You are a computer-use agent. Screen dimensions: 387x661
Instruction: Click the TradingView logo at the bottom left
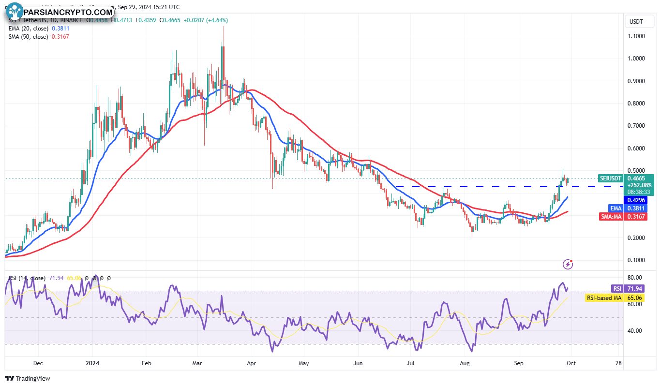28,378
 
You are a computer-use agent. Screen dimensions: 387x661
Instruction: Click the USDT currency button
635,22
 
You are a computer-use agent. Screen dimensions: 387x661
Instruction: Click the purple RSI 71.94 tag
628,289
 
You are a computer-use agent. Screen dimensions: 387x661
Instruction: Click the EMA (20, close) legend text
28,29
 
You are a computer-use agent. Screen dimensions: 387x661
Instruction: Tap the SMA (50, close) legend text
28,37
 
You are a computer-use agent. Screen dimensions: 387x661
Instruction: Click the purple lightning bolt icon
568,264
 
